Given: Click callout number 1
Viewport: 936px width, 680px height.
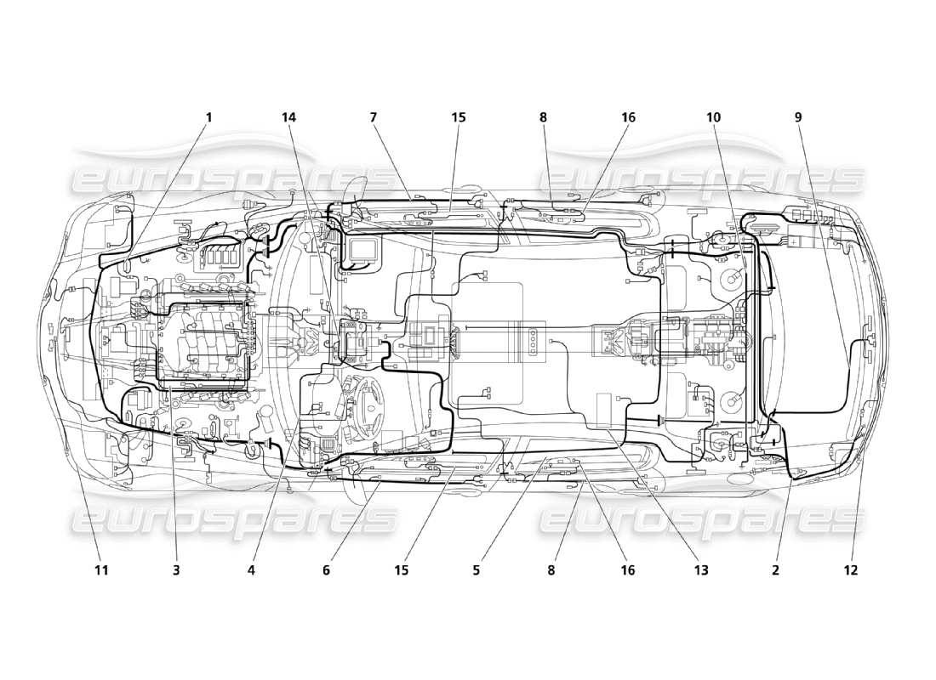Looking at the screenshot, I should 208,117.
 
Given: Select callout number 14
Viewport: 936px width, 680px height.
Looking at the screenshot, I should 289,117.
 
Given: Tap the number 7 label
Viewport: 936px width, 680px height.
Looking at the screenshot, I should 373,117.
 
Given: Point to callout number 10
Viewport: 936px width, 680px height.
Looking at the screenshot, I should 713,117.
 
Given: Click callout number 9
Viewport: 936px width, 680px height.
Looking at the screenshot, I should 798,117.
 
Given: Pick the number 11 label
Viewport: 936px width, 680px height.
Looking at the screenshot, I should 101,570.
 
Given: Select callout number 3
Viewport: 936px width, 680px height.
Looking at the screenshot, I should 176,570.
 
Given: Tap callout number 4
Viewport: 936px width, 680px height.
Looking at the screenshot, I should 252,570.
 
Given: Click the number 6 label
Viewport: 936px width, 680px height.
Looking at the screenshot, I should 326,570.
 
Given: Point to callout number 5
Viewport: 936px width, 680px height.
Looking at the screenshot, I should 477,570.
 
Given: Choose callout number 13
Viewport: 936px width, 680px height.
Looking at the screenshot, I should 702,570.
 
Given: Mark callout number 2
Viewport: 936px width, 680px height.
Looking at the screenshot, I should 775,570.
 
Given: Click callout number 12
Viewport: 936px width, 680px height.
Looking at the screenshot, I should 850,570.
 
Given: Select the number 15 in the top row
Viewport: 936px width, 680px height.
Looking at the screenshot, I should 459,117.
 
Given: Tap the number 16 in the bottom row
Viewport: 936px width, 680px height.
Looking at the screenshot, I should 627,570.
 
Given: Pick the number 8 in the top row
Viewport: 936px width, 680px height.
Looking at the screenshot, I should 543,117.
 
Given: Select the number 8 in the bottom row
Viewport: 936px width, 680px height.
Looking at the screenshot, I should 551,570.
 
